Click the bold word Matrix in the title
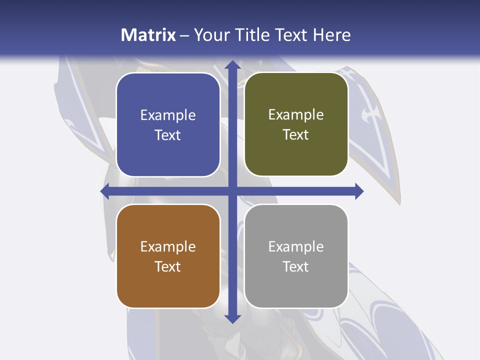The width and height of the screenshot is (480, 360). [148, 35]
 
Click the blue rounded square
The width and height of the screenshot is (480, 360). [168, 125]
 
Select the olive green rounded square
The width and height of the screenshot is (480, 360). [296, 125]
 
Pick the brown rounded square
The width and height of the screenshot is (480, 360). [168, 256]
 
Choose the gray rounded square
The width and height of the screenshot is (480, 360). [296, 256]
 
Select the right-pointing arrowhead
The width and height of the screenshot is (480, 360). [358, 191]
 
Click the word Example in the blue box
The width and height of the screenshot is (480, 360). [168, 115]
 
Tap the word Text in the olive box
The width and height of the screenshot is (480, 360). [296, 135]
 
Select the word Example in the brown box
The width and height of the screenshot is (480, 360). [168, 246]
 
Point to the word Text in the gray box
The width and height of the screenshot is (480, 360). [296, 266]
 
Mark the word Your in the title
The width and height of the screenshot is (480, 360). [209, 35]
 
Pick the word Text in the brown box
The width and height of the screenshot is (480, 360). [168, 266]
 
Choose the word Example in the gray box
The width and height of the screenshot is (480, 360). [296, 246]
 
